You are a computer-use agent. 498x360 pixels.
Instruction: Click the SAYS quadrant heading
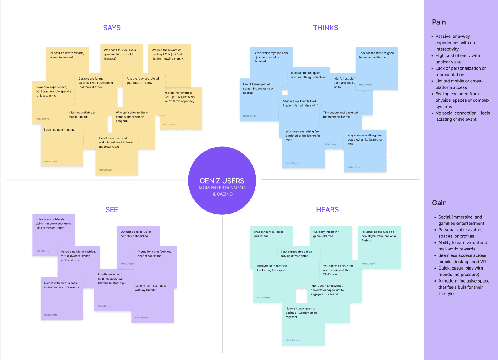tap(112, 28)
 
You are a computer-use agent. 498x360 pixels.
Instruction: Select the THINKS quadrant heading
tap(326, 28)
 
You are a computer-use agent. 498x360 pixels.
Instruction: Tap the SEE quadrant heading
tap(112, 209)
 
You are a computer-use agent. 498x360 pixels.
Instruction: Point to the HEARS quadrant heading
tap(327, 209)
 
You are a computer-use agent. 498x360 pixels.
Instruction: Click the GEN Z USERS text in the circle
tap(222, 181)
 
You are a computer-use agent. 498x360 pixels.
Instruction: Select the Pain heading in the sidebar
tap(439, 22)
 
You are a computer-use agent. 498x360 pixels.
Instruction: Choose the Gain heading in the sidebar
tap(439, 203)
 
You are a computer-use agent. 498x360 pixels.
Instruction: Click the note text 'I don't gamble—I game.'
tap(60, 130)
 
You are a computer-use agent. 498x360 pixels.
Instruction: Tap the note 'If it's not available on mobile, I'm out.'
tap(82, 115)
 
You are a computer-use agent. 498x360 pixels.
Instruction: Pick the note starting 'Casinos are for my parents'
tap(96, 83)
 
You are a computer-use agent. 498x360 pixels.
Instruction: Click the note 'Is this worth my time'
tap(270, 57)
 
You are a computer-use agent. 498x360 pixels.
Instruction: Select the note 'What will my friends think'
tap(300, 103)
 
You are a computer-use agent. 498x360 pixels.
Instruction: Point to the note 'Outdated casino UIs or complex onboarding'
tap(136, 234)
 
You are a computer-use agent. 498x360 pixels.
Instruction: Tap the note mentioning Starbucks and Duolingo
tap(112, 279)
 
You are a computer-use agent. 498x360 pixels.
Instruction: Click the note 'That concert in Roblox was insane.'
tap(269, 234)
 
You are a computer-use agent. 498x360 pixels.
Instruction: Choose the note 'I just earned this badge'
tap(296, 254)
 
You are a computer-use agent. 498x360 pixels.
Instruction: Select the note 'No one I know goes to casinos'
tap(302, 313)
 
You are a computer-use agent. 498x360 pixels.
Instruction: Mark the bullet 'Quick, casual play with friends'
tap(461, 271)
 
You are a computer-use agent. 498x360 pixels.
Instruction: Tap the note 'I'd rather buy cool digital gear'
tap(142, 81)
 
